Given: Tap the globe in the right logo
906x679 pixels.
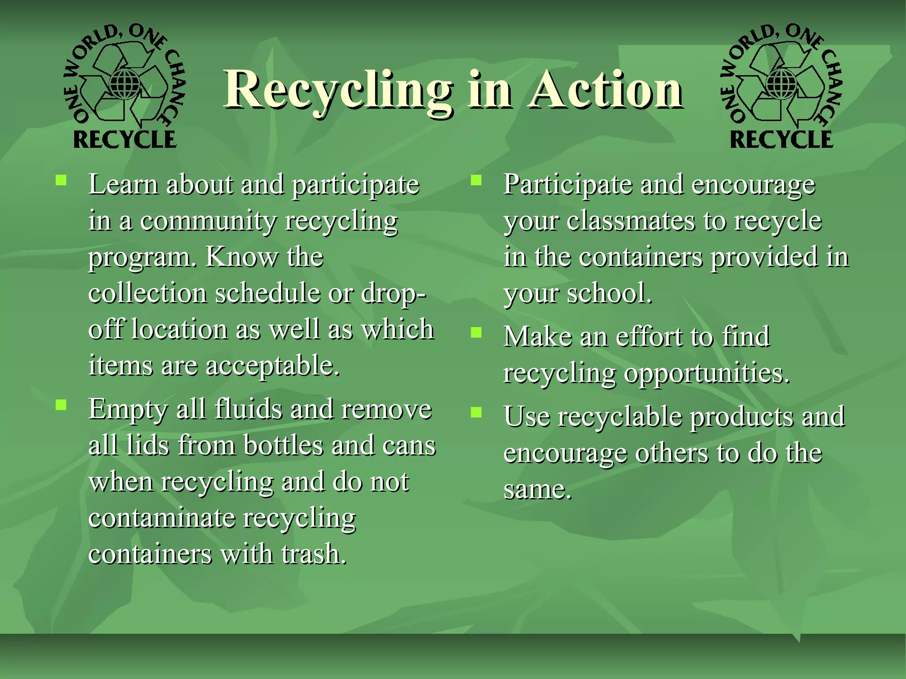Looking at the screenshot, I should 781,83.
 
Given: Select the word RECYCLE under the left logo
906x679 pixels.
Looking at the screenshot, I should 125,140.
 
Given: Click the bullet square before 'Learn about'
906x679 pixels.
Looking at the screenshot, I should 61,180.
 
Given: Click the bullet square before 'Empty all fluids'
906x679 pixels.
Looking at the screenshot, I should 61,405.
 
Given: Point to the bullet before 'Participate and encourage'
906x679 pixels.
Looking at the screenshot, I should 476,180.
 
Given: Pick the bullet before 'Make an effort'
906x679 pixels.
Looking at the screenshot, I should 476,332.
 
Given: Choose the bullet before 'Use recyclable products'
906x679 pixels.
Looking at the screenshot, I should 476,412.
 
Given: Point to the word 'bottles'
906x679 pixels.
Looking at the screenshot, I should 283,446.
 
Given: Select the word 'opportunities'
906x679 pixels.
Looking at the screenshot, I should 706,374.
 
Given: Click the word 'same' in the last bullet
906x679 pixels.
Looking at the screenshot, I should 536,490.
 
